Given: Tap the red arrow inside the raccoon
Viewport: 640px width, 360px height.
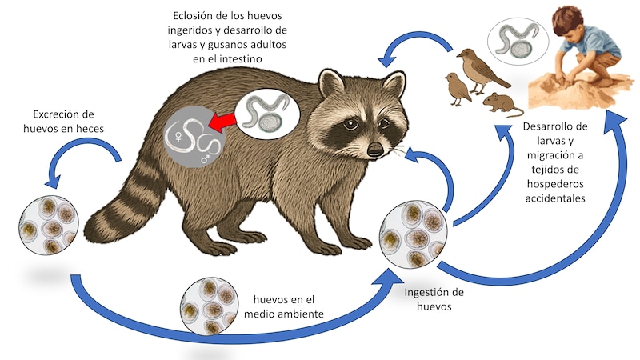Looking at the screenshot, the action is (x=222, y=122).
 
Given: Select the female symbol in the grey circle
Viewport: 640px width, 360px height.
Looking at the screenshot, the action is (x=178, y=137).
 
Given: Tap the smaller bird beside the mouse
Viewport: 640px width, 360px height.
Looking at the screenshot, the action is (x=457, y=89).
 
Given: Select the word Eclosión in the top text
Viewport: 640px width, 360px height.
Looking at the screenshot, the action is (x=194, y=15).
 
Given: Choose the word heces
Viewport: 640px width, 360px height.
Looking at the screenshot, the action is (x=90, y=129).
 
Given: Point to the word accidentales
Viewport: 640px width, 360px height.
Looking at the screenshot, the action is (x=555, y=198).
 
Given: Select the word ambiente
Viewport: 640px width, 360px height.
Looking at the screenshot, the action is (x=303, y=314).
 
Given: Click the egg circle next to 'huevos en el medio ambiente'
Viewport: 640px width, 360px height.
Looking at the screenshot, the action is (x=210, y=307).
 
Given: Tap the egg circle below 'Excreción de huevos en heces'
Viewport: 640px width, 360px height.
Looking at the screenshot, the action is (x=49, y=226).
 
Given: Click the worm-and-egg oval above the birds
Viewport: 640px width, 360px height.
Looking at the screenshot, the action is (x=518, y=41).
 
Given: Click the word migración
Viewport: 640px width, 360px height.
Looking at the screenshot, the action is (x=555, y=155).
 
